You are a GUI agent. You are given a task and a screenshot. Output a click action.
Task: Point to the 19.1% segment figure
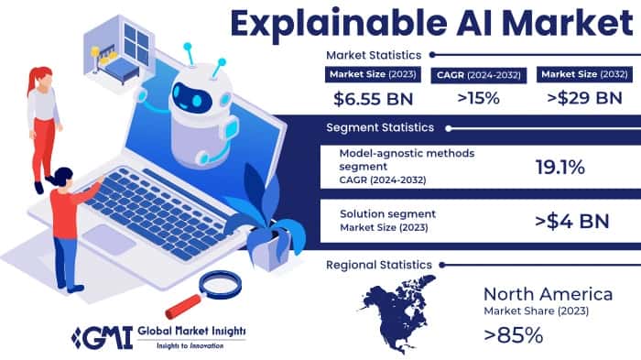(560, 167)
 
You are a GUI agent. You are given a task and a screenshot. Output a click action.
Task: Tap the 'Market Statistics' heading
(375, 55)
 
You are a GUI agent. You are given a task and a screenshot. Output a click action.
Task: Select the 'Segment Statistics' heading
(378, 127)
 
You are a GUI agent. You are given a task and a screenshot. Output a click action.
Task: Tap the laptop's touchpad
(108, 239)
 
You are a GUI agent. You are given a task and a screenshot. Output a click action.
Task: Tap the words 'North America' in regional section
(549, 293)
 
